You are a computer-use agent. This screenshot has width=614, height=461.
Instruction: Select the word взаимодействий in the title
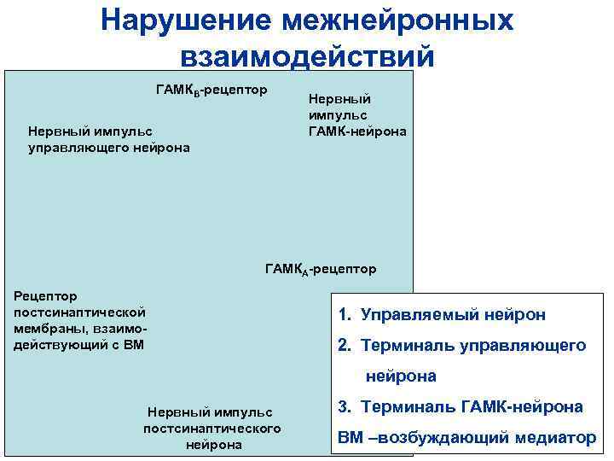(307, 55)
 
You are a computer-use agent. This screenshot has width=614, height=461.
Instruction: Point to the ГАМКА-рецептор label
(320, 269)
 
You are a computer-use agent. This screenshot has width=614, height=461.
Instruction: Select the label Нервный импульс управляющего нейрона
(109, 139)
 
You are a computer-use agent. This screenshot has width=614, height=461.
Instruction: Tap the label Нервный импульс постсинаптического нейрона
(212, 428)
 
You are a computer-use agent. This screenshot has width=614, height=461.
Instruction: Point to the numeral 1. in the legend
(345, 315)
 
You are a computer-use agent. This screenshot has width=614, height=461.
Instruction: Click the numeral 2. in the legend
(345, 346)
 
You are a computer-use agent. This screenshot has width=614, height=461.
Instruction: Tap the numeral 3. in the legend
(345, 407)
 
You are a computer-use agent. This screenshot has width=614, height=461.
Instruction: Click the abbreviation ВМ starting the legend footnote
(350, 438)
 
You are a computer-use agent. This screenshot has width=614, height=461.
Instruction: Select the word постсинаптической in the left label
(80, 312)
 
